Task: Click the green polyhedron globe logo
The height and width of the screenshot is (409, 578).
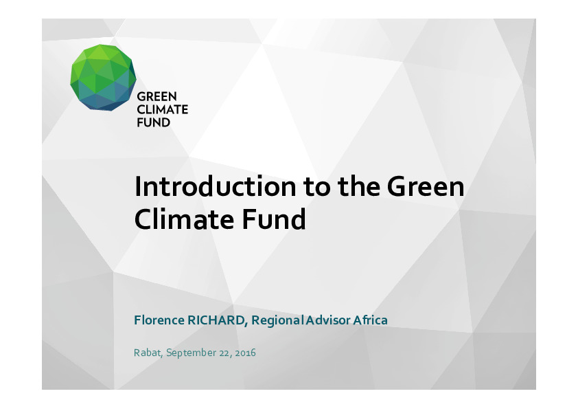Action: pos(103,78)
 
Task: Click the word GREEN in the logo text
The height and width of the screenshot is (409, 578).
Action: pos(157,97)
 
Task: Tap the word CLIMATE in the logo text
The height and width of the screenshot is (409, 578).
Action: pos(162,109)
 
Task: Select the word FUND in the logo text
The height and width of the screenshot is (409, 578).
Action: pos(153,122)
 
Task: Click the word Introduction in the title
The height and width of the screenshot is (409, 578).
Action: pos(216,186)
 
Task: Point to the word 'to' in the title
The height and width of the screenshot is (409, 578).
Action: pos(317,187)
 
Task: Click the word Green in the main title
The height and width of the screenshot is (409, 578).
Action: pos(426,186)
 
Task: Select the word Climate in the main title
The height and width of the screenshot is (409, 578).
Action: pos(184,219)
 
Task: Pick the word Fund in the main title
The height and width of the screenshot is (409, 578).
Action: pos(274,219)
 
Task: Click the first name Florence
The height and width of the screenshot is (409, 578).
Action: pos(159,320)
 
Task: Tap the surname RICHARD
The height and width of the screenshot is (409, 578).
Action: pos(216,320)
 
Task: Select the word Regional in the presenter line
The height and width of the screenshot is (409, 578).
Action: pos(277,320)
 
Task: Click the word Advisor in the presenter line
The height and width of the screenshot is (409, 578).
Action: pos(327,320)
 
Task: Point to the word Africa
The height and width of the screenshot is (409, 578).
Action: pos(371,320)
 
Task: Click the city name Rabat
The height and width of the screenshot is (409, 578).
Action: pos(147,353)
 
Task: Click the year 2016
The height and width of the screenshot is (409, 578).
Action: pos(245,353)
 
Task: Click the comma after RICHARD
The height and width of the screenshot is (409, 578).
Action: pos(246,324)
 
